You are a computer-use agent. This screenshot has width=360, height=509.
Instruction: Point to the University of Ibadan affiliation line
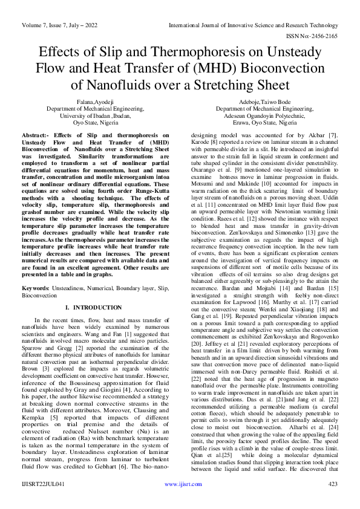(95, 115)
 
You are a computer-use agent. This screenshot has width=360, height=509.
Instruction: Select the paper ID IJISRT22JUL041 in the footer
(44, 501)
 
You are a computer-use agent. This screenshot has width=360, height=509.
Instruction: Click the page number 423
(332, 501)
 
